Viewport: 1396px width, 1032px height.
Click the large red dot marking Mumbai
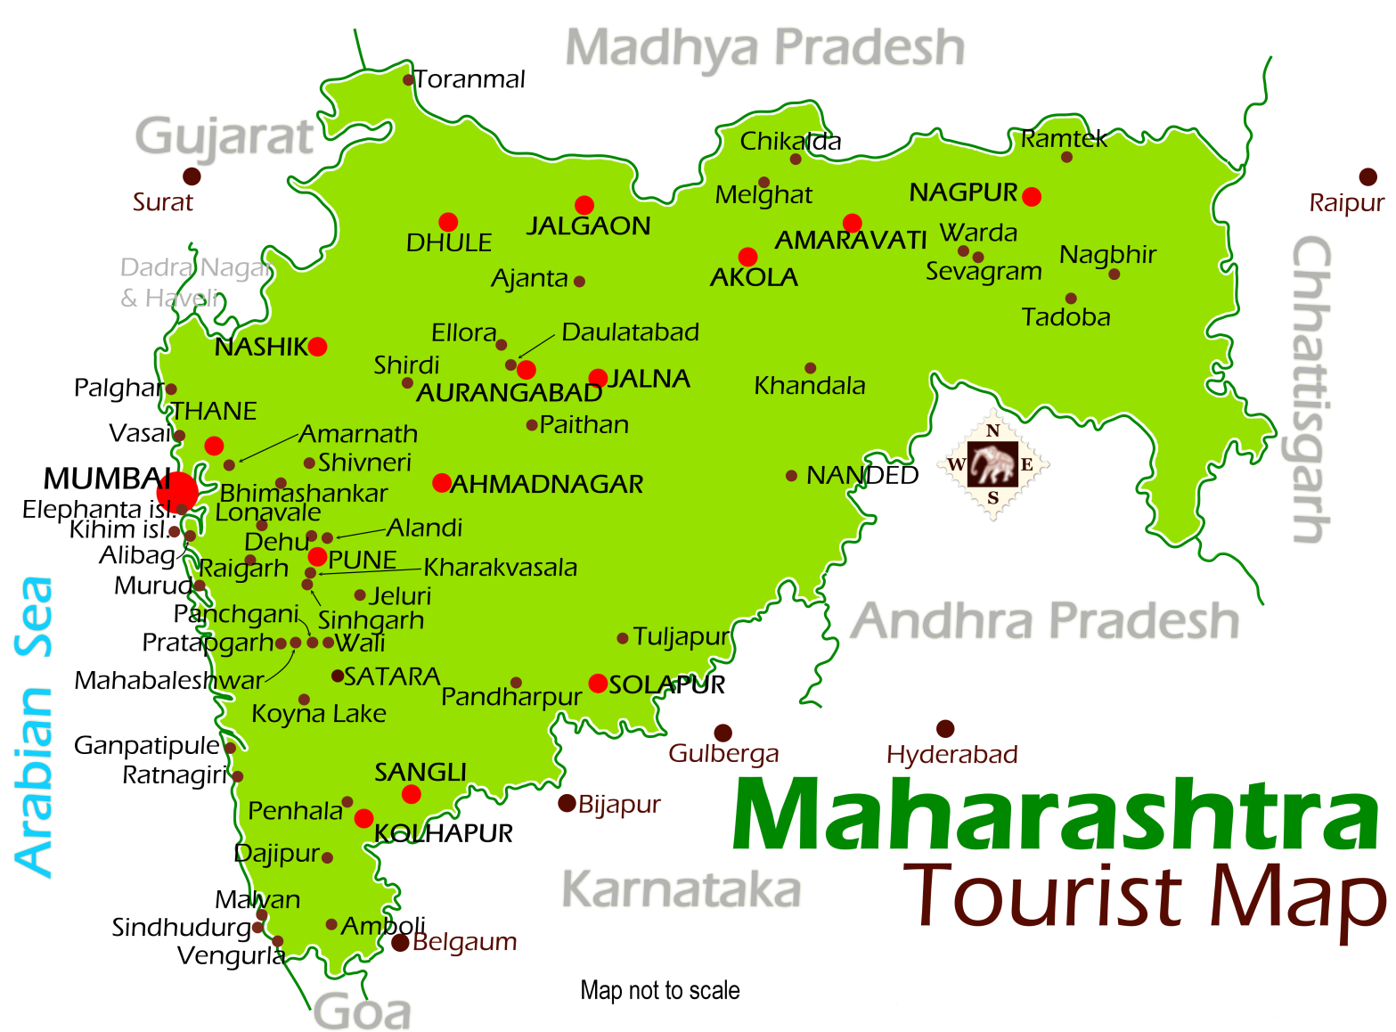[x=177, y=491]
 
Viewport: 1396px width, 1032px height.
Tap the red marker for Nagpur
[x=1032, y=197]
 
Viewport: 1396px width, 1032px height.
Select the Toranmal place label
[x=469, y=79]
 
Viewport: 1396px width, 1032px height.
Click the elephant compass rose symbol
[x=992, y=464]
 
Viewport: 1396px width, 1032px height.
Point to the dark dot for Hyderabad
[x=945, y=729]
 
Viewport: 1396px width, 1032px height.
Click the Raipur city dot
[x=1367, y=177]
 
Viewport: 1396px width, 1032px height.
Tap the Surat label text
[x=163, y=202]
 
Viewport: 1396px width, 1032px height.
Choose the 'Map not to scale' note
[x=659, y=990]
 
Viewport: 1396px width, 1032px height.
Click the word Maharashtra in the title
[x=1055, y=815]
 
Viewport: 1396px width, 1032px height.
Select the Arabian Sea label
[x=36, y=725]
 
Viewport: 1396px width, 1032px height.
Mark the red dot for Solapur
[x=598, y=684]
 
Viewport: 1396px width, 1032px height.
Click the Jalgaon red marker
[x=584, y=205]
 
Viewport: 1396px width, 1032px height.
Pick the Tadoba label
[x=1065, y=317]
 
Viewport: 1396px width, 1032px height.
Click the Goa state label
[x=363, y=1012]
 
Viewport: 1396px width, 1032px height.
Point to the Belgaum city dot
[x=400, y=942]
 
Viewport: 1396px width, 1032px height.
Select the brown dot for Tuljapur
[x=623, y=638]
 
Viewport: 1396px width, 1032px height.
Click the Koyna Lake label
[x=319, y=714]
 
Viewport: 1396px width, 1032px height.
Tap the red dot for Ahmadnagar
[x=441, y=483]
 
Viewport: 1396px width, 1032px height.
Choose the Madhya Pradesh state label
[x=765, y=48]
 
